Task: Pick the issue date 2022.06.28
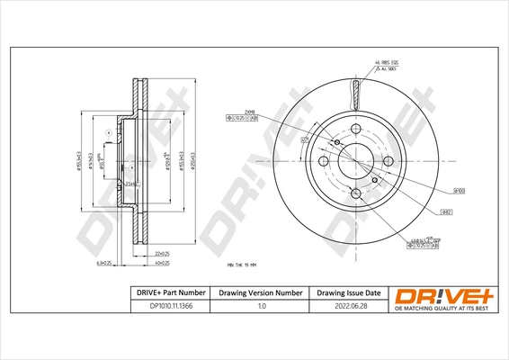tap(348, 308)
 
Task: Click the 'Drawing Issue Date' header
tap(348, 293)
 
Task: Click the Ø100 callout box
tap(458, 192)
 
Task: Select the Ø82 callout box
tap(446, 211)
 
